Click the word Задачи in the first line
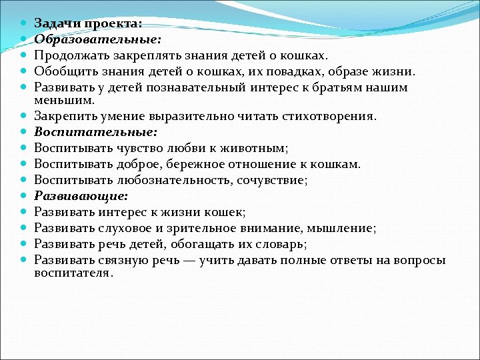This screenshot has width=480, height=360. pos(55,23)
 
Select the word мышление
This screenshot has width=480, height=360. pos(346,228)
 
